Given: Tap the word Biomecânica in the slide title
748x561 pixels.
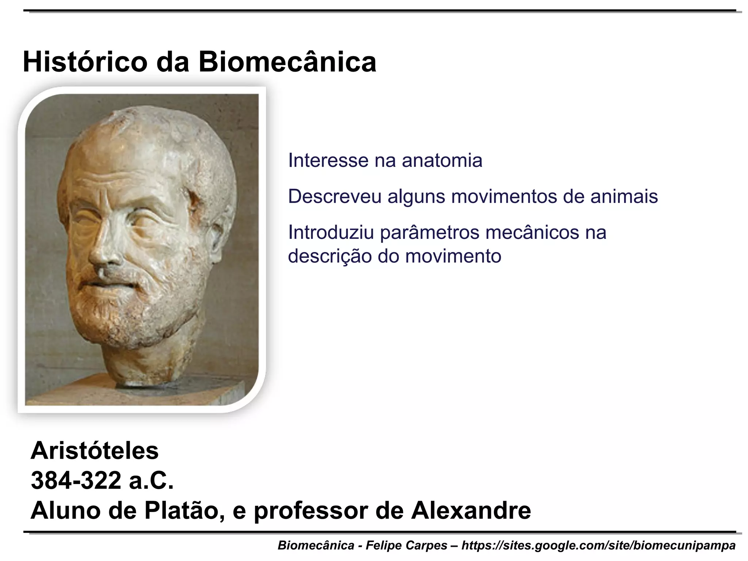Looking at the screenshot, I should click(287, 62).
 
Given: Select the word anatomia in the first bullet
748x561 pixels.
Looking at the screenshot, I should click(442, 161).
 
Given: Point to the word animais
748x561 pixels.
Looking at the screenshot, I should click(624, 196).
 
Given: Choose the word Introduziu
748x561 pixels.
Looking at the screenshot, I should click(331, 232).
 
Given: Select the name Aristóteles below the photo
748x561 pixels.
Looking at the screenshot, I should click(95, 451).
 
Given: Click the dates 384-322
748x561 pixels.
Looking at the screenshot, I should click(76, 481).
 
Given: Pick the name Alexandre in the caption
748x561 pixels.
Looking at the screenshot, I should click(471, 511).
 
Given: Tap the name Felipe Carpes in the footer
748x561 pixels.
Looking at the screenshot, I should click(407, 546).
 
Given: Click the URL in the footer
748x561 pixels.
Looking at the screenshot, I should click(599, 546).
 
